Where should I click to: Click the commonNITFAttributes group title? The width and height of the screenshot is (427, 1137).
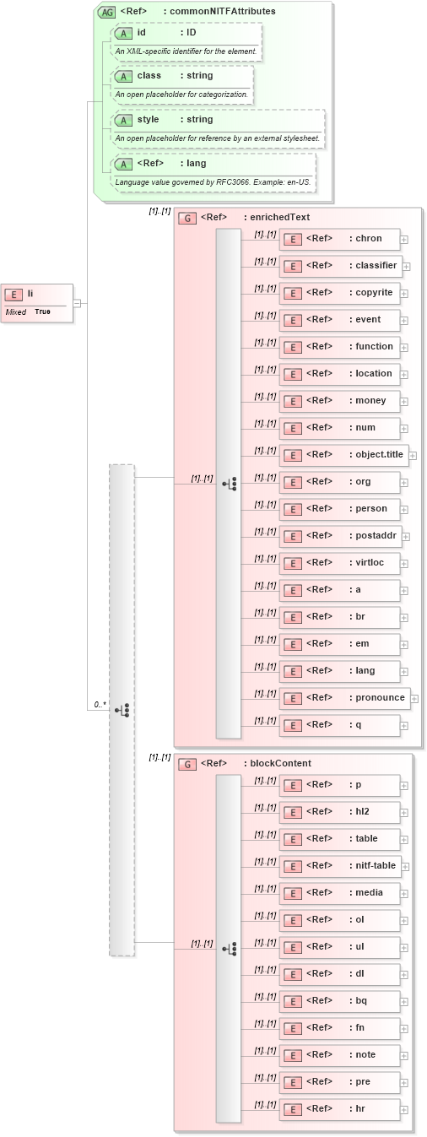tap(198, 11)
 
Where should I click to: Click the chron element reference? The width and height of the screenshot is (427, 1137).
tap(339, 239)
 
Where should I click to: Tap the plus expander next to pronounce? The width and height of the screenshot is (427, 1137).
tap(414, 698)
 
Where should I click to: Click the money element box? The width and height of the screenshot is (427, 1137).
tap(339, 401)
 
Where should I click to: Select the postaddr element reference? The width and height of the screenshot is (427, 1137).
tap(339, 536)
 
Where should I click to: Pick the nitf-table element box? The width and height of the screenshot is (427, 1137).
tap(339, 866)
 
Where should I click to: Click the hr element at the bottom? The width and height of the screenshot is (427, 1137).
tap(339, 1109)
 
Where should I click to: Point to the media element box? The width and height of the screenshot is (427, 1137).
tap(339, 893)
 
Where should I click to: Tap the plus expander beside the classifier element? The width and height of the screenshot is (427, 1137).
tap(407, 267)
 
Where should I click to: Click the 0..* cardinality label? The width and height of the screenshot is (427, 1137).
tap(100, 703)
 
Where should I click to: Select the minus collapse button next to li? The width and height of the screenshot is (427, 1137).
tap(77, 302)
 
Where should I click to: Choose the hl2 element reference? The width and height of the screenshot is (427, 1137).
tap(339, 812)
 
